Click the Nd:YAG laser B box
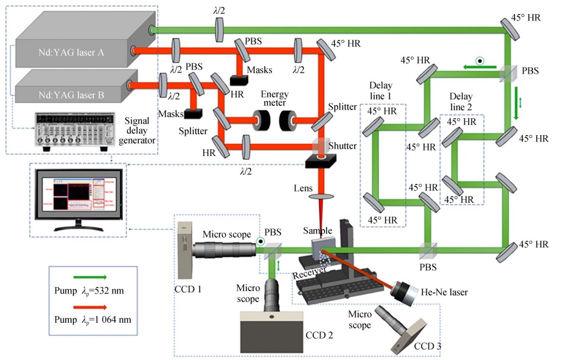[x=73, y=94]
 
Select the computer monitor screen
[x=79, y=198]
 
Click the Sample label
[x=318, y=231]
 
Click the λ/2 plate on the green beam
[x=219, y=28]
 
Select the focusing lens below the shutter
[x=323, y=197]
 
